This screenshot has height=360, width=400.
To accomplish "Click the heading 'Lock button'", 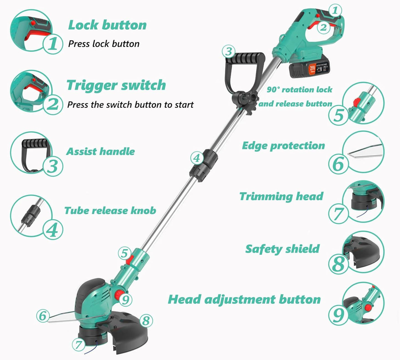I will (107, 25).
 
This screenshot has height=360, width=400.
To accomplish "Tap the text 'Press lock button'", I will (104, 44).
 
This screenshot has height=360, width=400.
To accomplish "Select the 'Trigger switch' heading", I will (116, 85).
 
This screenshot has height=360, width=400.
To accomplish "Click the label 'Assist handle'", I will (100, 151).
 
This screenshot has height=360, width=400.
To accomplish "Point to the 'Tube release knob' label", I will (110, 210).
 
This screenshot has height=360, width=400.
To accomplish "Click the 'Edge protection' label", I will (283, 146).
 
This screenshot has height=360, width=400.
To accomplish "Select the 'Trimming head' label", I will (281, 196).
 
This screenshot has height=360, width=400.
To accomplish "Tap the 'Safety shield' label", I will (282, 249).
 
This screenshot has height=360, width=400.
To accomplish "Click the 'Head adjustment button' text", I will (244, 299).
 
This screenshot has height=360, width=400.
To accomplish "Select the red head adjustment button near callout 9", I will (120, 294).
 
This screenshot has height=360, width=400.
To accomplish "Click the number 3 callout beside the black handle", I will (229, 51).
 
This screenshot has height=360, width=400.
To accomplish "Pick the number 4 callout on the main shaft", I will (197, 158).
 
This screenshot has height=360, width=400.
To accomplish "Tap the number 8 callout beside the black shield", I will (146, 321).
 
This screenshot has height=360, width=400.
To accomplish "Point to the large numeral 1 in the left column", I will (53, 44).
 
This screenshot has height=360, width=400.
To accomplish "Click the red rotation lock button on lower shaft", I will (130, 260).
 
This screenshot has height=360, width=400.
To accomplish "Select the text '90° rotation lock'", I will (299, 90).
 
